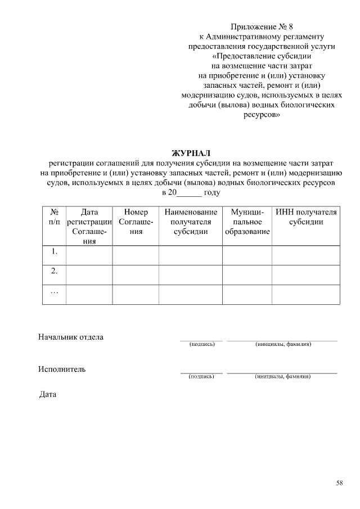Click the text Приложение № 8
[262, 26]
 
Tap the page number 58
[340, 482]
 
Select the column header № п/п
[55, 217]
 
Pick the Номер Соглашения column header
[136, 222]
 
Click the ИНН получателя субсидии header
[306, 217]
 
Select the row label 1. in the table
[55, 251]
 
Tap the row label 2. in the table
[55, 271]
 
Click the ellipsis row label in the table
[55, 291]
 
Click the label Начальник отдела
[71, 337]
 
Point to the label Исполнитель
[62, 369]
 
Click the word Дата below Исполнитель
[48, 394]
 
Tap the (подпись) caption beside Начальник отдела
[201, 344]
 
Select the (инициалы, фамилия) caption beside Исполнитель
[282, 376]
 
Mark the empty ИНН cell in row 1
[306, 255]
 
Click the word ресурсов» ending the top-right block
[262, 115]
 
